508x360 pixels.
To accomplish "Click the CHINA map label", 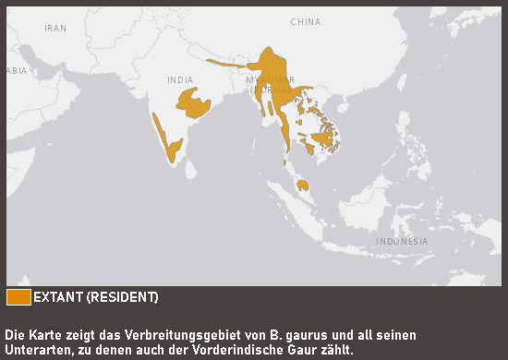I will (x=305, y=21).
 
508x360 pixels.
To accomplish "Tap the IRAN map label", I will (x=55, y=29).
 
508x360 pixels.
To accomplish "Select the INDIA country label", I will (x=180, y=80).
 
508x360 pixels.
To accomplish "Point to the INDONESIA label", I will (x=402, y=241).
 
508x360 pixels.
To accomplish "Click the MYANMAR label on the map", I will (x=269, y=80).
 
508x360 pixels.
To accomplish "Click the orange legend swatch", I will (x=18, y=296).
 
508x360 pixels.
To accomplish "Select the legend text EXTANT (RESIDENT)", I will (x=96, y=296).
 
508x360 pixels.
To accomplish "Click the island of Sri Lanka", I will (x=190, y=169).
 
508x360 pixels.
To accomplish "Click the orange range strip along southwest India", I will (x=167, y=137).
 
